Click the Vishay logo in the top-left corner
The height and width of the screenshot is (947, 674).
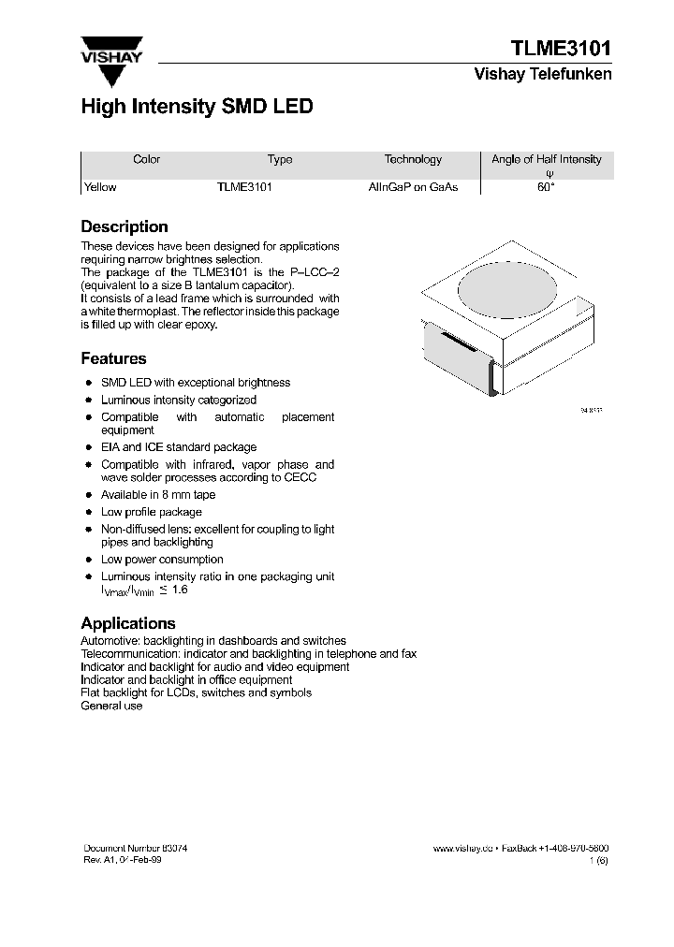[111, 61]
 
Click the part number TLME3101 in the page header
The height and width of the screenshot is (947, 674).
[561, 49]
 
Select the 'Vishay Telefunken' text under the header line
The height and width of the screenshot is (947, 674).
[543, 75]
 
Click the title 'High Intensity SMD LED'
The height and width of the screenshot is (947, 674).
[197, 108]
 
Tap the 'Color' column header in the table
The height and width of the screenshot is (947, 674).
[147, 160]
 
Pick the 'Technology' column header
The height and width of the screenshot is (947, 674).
[413, 160]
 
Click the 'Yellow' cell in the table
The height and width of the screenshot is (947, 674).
[101, 187]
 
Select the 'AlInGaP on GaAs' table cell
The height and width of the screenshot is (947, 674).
[413, 187]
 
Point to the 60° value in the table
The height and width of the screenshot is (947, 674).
[546, 187]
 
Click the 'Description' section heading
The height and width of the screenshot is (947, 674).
[125, 226]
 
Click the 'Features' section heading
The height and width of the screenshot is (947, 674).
[113, 358]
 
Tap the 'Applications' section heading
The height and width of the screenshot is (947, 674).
[128, 623]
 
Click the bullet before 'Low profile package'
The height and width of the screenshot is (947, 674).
[88, 513]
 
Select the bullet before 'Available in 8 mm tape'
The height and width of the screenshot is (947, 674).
[88, 495]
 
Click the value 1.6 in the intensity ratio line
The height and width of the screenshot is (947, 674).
[180, 590]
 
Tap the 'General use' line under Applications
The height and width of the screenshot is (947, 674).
[111, 706]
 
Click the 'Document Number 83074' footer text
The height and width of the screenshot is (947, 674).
[136, 848]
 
